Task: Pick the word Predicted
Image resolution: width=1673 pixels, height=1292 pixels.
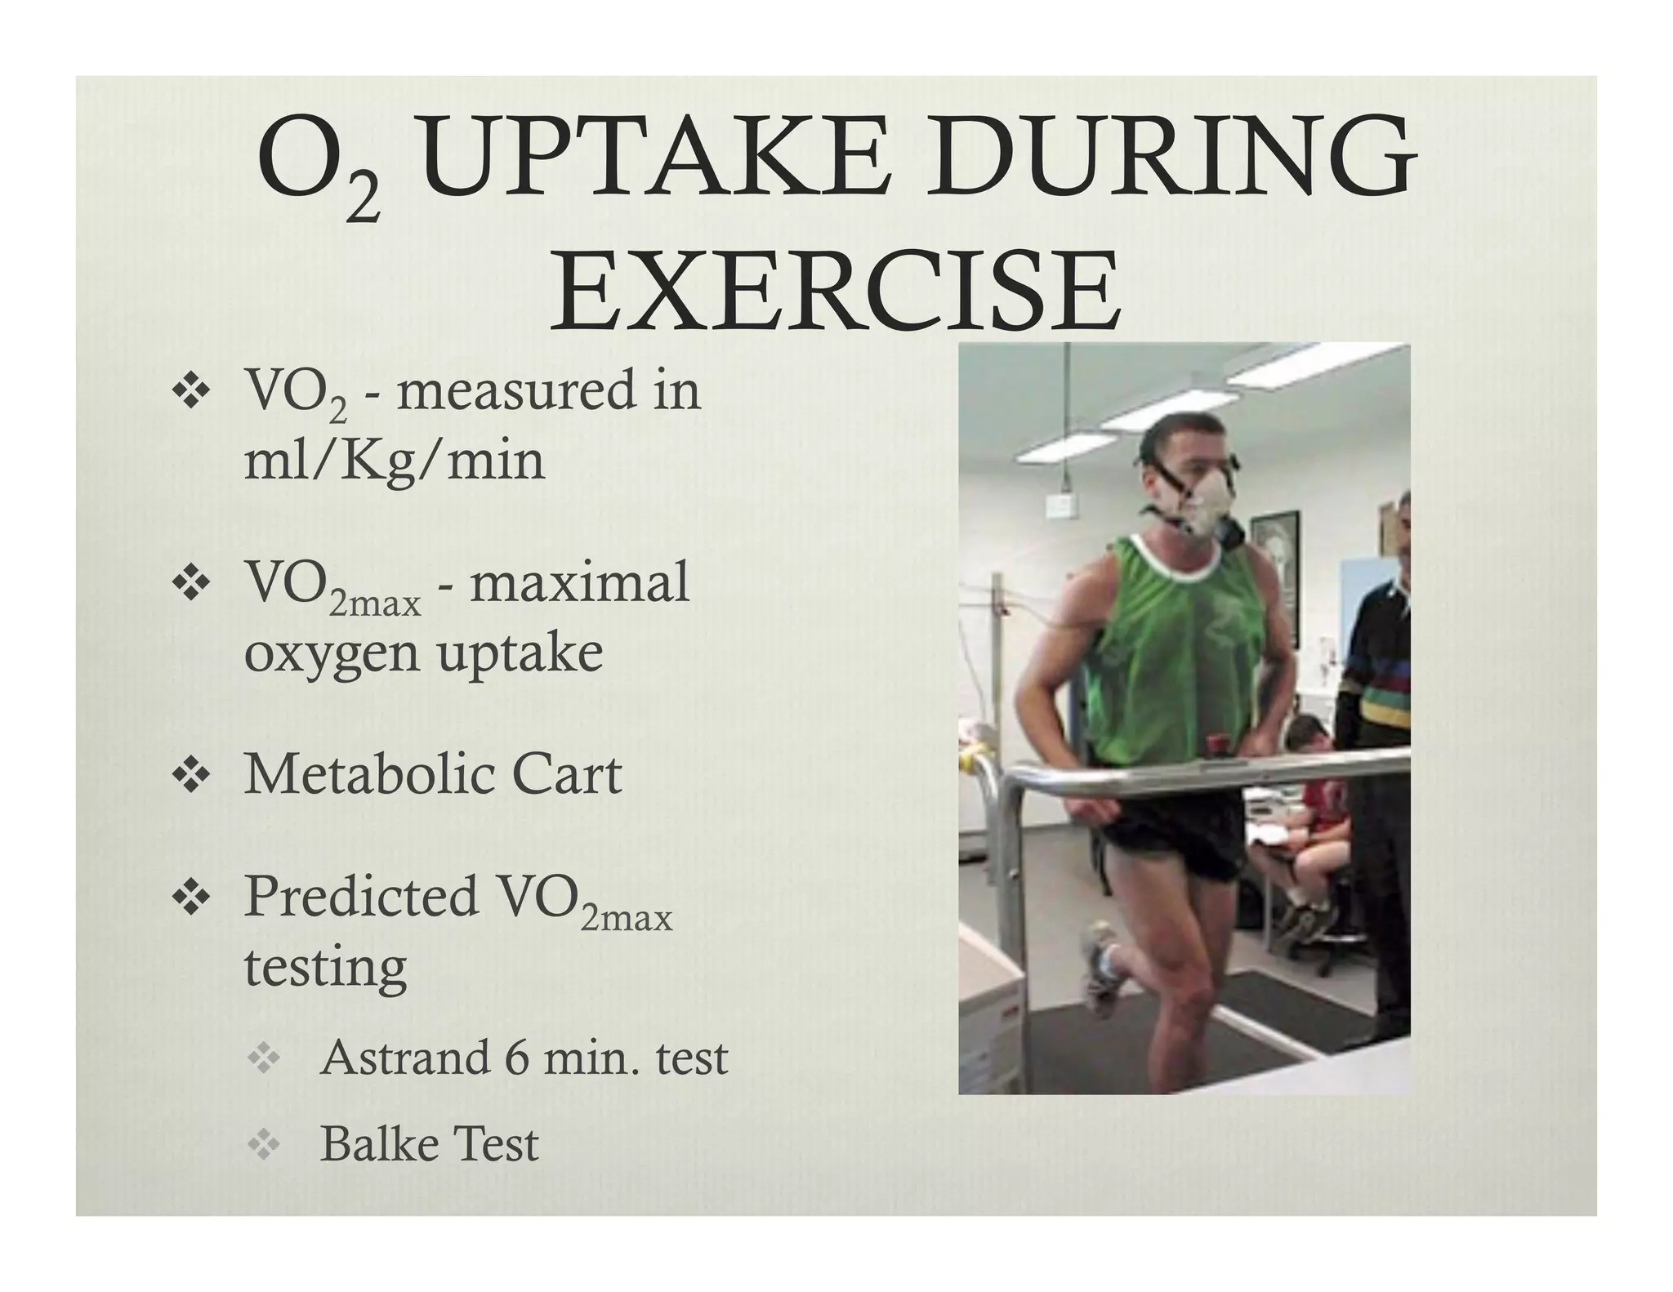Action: point(361,897)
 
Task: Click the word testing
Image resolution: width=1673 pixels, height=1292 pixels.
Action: point(325,968)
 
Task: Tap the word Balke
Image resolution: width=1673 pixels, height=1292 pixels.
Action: point(373,1143)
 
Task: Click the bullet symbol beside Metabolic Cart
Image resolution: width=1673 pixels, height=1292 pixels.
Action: point(190,775)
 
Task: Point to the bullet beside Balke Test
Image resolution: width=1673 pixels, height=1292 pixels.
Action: point(263,1145)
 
